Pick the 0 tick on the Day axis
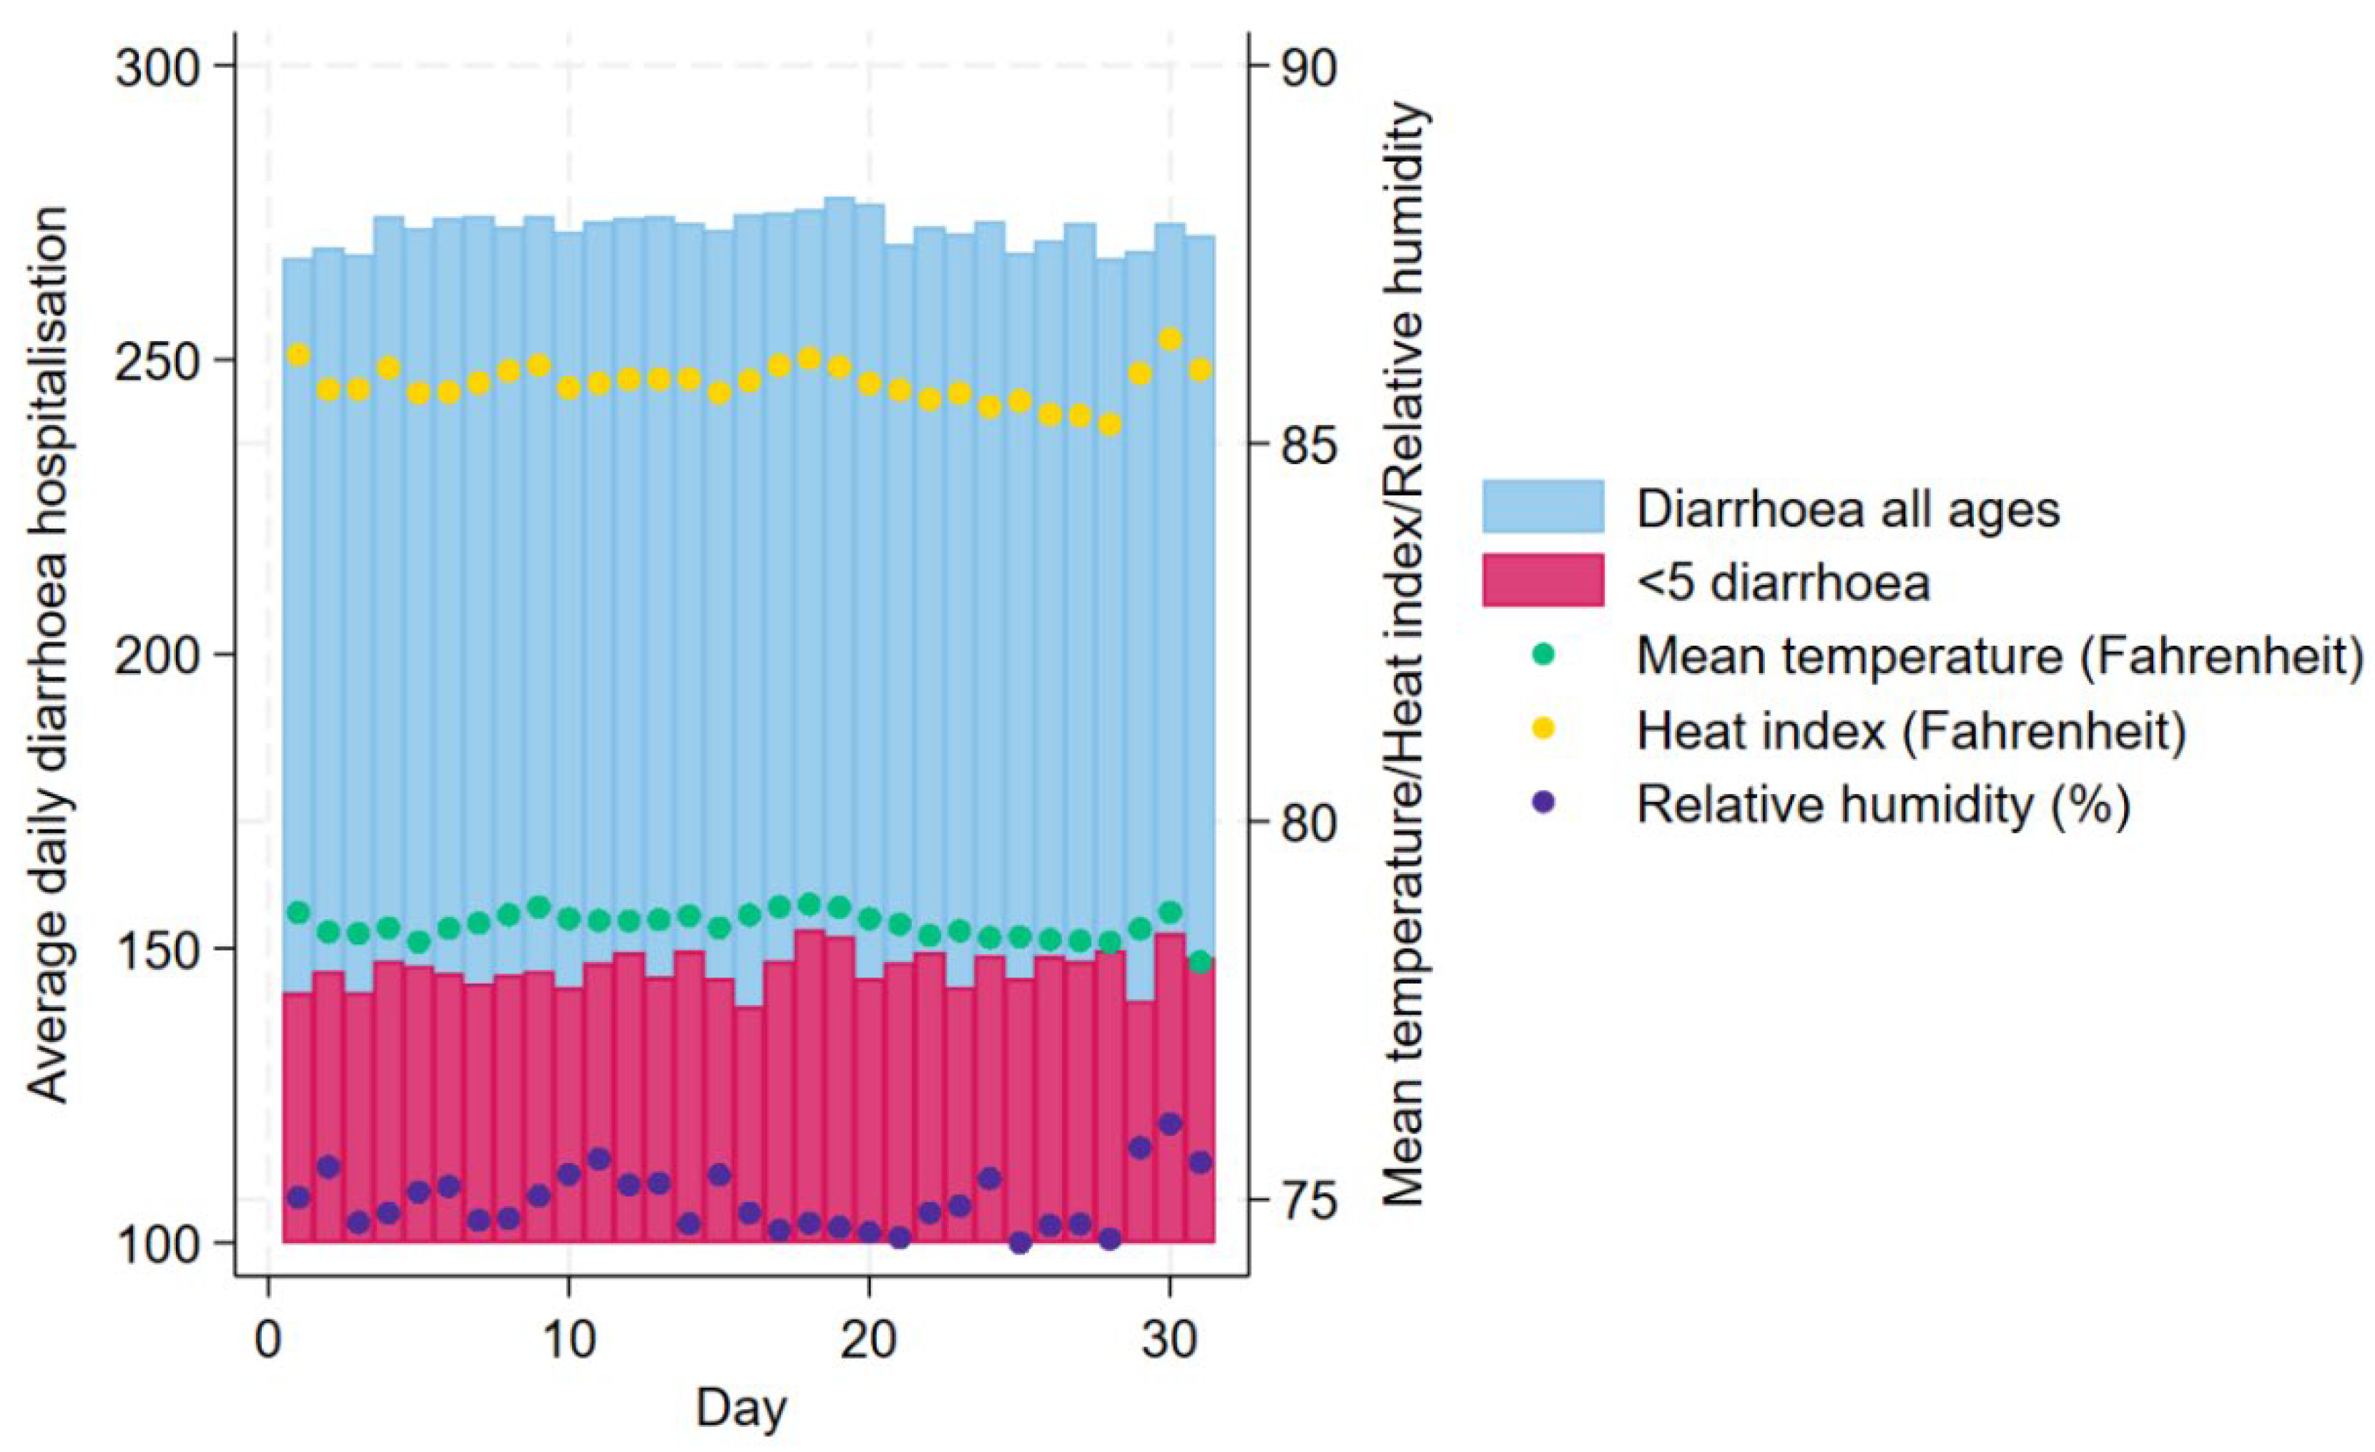click(x=267, y=1341)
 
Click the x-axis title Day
click(x=741, y=1408)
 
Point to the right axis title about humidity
click(x=1403, y=656)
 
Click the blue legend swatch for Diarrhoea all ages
click(x=1542, y=506)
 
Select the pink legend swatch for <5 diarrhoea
click(x=1542, y=580)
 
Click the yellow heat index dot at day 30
click(x=1170, y=338)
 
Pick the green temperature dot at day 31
click(x=1200, y=961)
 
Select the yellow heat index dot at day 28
click(x=1111, y=425)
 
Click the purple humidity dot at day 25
click(x=1020, y=1242)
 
